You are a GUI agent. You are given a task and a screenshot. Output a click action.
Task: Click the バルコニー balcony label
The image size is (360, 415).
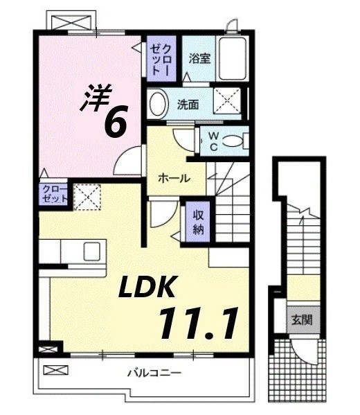pos(154,373)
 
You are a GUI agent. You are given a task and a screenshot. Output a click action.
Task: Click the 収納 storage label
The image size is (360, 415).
pos(197,220)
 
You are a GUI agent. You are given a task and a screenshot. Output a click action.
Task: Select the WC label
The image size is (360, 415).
pos(213,141)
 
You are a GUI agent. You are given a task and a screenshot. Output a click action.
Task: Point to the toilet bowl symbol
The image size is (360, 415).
pos(236,141)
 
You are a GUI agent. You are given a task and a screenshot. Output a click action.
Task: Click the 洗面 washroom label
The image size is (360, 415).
pos(188,105)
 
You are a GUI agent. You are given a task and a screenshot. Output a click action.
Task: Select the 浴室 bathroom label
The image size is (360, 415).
pos(201,59)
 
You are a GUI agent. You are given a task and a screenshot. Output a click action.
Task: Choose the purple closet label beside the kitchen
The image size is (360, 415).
pos(55,193)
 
